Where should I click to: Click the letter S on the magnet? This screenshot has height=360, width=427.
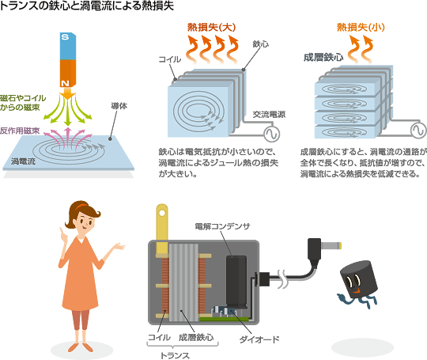pyautogui.click(x=65, y=36)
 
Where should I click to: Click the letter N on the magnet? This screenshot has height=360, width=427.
pyautogui.click(x=65, y=83)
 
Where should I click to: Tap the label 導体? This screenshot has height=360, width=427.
pyautogui.click(x=119, y=106)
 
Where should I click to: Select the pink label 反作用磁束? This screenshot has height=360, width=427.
pyautogui.click(x=20, y=131)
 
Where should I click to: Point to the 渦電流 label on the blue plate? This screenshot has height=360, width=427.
pyautogui.click(x=23, y=161)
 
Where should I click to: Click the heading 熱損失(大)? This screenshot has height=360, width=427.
pyautogui.click(x=211, y=27)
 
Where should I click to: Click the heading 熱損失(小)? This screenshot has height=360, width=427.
pyautogui.click(x=361, y=27)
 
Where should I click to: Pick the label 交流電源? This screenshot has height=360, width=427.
pyautogui.click(x=269, y=115)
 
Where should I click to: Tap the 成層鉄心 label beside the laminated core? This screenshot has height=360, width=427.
pyautogui.click(x=323, y=58)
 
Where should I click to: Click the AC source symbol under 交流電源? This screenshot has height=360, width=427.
pyautogui.click(x=272, y=134)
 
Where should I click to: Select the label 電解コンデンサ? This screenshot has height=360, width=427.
pyautogui.click(x=222, y=226)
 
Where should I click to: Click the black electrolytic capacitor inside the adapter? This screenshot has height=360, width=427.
pyautogui.click(x=236, y=282)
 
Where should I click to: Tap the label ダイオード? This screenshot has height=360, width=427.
pyautogui.click(x=259, y=339)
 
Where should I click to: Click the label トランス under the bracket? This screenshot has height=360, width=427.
pyautogui.click(x=175, y=355)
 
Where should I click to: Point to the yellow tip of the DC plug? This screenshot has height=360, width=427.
pyautogui.click(x=339, y=246)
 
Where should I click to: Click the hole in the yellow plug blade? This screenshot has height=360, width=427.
pyautogui.click(x=162, y=213)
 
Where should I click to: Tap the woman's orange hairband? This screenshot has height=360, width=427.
pyautogui.click(x=81, y=207)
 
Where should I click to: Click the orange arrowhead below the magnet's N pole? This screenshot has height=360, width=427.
pyautogui.click(x=67, y=94)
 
